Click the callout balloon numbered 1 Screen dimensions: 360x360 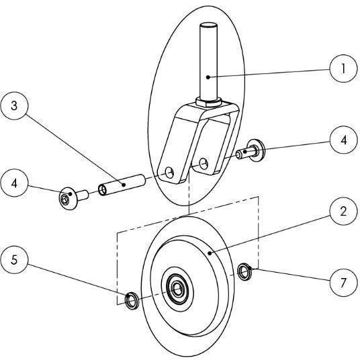click(343, 69)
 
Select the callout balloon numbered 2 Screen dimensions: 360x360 click(343, 211)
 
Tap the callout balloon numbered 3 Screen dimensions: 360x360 click(15, 106)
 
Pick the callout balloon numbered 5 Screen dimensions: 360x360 click(15, 260)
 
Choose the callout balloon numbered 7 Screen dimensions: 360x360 click(343, 283)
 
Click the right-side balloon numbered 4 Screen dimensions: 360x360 click(343, 140)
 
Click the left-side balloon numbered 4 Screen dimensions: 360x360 click(15, 183)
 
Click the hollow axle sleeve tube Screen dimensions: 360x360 click(122, 185)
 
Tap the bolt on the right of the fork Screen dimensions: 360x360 click(251, 150)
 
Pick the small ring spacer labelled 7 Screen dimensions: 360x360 click(244, 272)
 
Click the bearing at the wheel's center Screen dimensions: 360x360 click(177, 289)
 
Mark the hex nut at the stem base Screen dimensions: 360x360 click(209, 101)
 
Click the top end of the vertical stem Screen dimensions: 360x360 click(208, 25)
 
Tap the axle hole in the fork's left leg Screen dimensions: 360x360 click(170, 173)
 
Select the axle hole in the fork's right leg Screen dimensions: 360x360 click(204, 163)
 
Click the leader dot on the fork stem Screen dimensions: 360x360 click(208, 77)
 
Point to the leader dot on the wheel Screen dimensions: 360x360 click(210, 253)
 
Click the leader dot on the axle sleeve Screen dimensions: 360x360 click(124, 184)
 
